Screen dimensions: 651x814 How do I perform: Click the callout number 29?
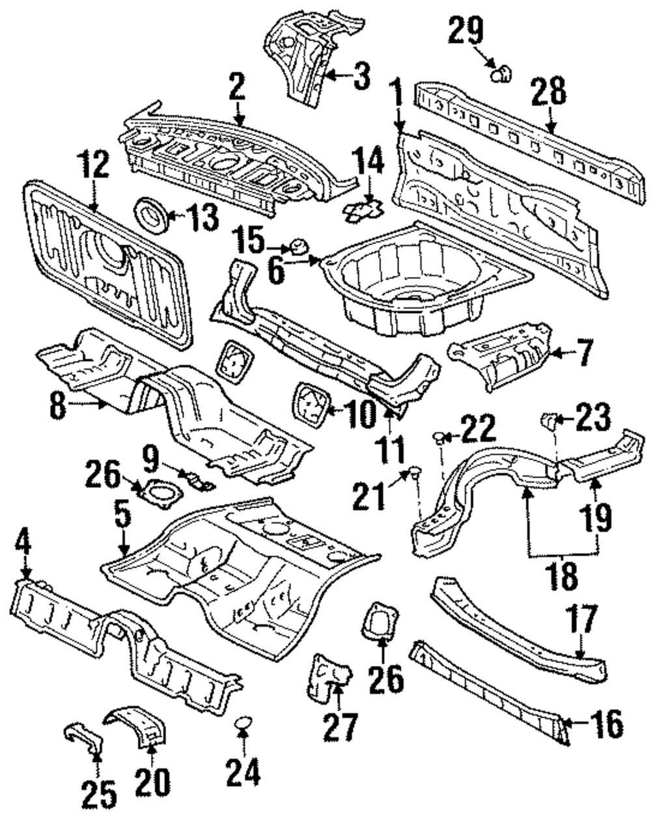466,31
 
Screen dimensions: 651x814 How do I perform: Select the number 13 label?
204,217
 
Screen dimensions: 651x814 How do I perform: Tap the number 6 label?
276,271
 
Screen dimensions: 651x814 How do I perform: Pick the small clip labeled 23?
548,420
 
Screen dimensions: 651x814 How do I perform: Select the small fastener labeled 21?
415,472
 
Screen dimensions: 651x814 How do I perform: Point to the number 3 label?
362,76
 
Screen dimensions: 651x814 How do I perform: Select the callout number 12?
94,164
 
